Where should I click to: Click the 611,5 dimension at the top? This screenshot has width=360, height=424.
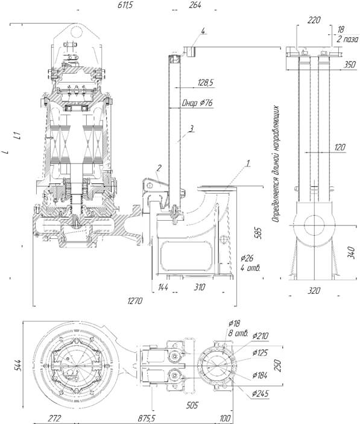(x=125, y=5)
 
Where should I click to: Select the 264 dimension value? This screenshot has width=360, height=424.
(x=195, y=5)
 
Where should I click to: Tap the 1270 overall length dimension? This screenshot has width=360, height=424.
(x=134, y=301)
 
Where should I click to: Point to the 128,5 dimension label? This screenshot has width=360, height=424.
(x=206, y=82)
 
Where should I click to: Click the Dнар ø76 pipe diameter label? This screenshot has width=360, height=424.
(x=197, y=103)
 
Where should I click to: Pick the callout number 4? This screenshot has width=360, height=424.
(x=203, y=31)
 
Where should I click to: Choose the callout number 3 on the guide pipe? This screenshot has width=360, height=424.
(x=191, y=128)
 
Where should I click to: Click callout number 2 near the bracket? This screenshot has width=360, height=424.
(x=159, y=168)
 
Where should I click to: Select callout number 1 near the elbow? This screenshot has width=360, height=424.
(x=248, y=163)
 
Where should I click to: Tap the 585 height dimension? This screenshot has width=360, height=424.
(x=258, y=232)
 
